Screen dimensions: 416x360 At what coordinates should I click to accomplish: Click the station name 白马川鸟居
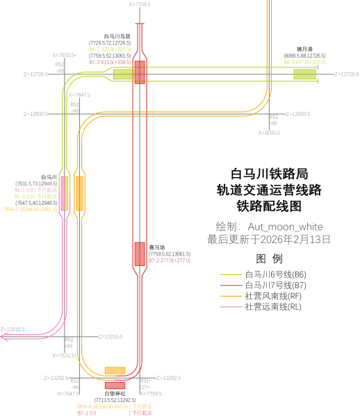(117, 36)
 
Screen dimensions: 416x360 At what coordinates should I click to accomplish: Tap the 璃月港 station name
(304, 49)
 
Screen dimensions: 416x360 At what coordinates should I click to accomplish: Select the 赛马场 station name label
(157, 247)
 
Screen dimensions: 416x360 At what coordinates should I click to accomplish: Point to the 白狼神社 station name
(115, 393)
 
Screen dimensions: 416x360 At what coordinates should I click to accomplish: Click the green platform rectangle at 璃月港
(304, 74)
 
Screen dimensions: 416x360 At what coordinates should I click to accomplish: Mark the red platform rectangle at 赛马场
(140, 253)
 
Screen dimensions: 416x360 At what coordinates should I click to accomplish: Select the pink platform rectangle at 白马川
(64, 192)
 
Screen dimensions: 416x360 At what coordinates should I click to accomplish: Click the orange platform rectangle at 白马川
(79, 192)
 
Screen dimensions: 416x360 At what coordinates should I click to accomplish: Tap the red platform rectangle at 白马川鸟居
(140, 72)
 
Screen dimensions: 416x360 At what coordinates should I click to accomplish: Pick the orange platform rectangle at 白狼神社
(115, 370)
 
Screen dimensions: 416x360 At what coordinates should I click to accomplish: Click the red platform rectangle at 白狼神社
(115, 385)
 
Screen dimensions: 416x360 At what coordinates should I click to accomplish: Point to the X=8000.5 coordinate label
(269, 133)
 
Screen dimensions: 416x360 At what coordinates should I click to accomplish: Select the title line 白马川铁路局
(269, 173)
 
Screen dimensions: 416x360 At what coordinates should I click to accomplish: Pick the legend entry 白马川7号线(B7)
(275, 285)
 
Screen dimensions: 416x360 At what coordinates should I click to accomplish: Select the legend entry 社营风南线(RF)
(273, 296)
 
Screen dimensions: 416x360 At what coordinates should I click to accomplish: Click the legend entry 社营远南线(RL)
(273, 306)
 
